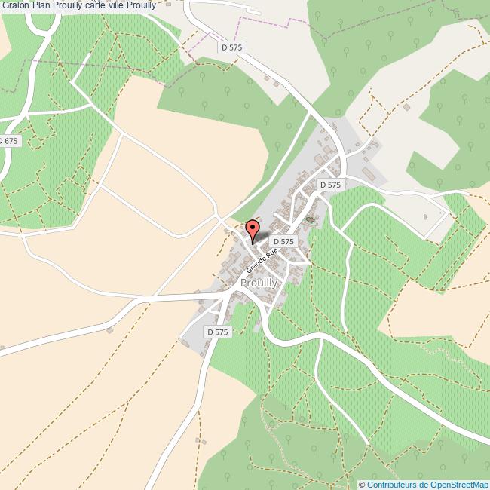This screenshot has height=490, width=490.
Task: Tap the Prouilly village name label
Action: point(259,283)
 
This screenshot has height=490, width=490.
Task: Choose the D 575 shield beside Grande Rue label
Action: point(283,241)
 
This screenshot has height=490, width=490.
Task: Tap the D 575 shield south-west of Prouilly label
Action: point(216,332)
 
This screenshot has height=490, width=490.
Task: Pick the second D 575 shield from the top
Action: point(330,185)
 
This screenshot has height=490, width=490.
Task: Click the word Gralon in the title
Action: point(15,6)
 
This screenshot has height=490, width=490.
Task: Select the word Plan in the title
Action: point(41,6)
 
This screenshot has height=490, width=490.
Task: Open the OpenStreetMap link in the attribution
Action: point(459,484)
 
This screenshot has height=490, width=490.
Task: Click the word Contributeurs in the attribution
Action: point(393,484)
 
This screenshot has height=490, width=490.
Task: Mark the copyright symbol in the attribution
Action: point(362,484)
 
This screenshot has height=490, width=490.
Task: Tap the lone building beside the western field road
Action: point(110,329)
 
